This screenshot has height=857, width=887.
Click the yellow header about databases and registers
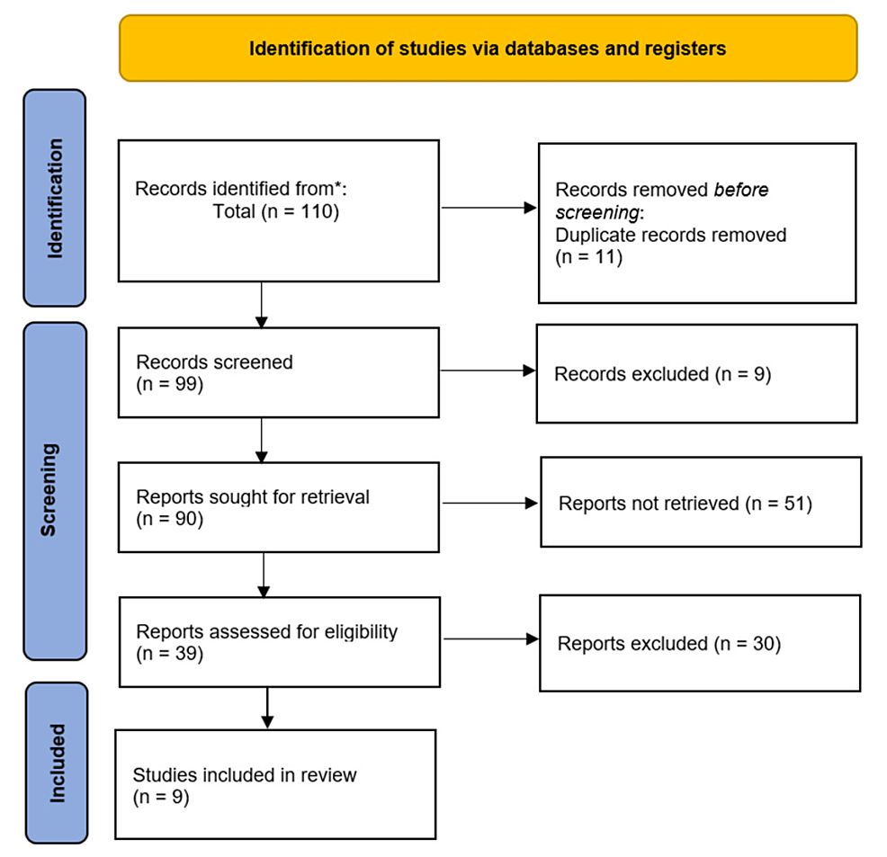click(x=488, y=49)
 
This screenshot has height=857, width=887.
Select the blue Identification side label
click(x=56, y=198)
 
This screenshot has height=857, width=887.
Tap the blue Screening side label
click(x=56, y=490)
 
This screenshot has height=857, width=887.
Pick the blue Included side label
click(x=56, y=763)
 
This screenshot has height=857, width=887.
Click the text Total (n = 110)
click(x=275, y=213)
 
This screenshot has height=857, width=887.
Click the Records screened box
click(x=279, y=372)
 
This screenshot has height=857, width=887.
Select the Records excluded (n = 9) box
click(x=696, y=373)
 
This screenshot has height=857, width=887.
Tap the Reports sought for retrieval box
click(x=279, y=507)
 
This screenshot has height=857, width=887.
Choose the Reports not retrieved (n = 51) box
click(x=700, y=503)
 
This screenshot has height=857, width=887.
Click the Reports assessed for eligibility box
click(x=279, y=642)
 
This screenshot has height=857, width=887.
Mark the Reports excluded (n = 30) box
click(x=699, y=643)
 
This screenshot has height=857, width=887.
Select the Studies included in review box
click(x=275, y=784)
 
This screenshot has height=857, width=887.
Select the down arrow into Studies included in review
click(x=266, y=708)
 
